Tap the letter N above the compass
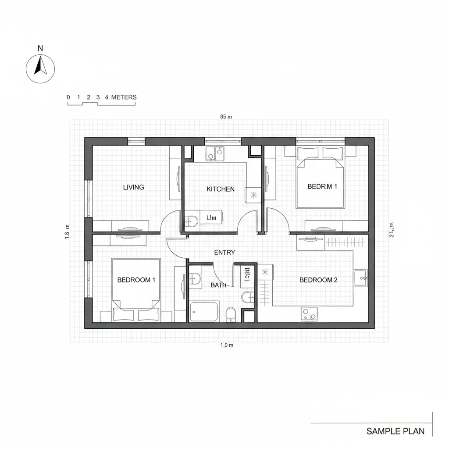[40, 48]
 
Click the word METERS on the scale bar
[124, 97]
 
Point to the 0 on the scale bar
[68, 97]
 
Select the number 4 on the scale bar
[107, 97]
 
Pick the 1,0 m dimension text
[227, 345]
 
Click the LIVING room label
[133, 187]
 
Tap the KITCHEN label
[221, 189]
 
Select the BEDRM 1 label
[322, 186]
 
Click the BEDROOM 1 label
[136, 280]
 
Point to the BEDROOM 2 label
[318, 280]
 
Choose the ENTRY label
[224, 253]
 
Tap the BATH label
[218, 285]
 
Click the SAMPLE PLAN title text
[395, 431]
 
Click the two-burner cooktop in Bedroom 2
[309, 314]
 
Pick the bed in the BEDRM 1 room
[321, 178]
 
